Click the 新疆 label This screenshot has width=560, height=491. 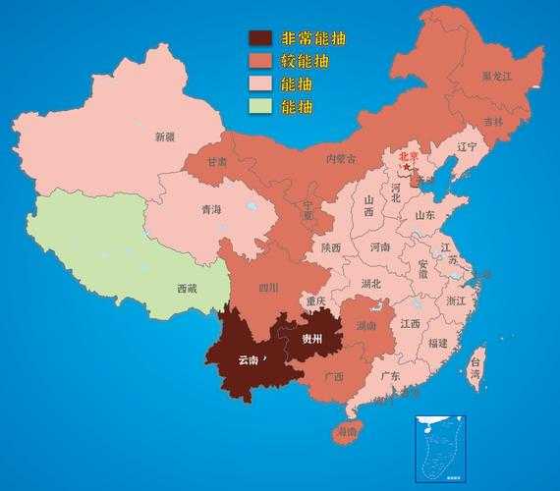click(164, 137)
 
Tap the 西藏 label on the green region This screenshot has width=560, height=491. click(187, 289)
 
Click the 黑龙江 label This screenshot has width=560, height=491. click(496, 76)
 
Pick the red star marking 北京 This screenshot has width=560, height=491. click(407, 167)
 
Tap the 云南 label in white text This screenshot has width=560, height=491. click(249, 360)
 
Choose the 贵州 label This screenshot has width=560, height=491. click(312, 339)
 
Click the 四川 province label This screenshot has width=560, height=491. click(268, 288)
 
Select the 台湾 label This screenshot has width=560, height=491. click(475, 367)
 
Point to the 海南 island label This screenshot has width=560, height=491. click(347, 432)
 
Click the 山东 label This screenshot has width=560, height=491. click(424, 215)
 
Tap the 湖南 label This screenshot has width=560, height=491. click(365, 325)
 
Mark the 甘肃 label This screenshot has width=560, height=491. click(216, 161)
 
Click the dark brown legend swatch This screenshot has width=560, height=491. click(259, 39)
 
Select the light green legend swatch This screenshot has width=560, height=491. click(259, 105)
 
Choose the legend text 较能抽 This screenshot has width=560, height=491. click(305, 62)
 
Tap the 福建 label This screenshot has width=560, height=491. click(437, 344)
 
